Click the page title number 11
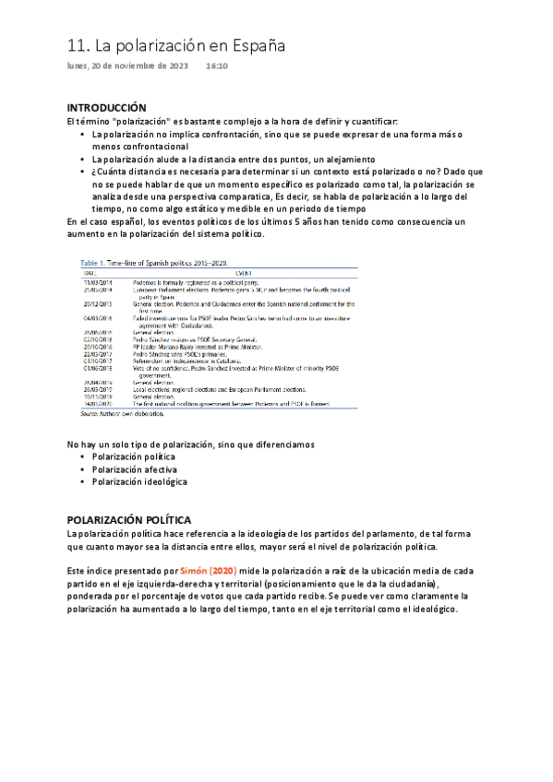[x=78, y=45]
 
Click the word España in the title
[x=254, y=45]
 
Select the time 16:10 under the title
[x=217, y=67]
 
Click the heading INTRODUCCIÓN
[x=108, y=108]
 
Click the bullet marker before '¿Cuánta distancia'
[x=82, y=172]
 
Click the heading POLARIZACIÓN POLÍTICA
[x=130, y=520]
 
